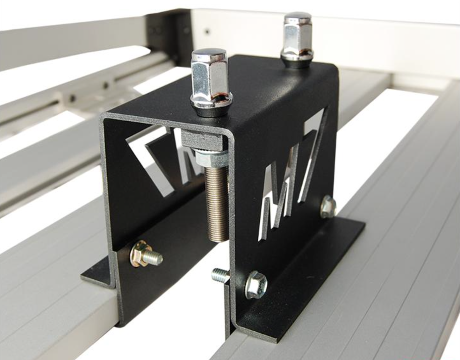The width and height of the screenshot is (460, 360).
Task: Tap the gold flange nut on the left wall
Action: coord(139,256)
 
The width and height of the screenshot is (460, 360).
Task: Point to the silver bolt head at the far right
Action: coord(328,206)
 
